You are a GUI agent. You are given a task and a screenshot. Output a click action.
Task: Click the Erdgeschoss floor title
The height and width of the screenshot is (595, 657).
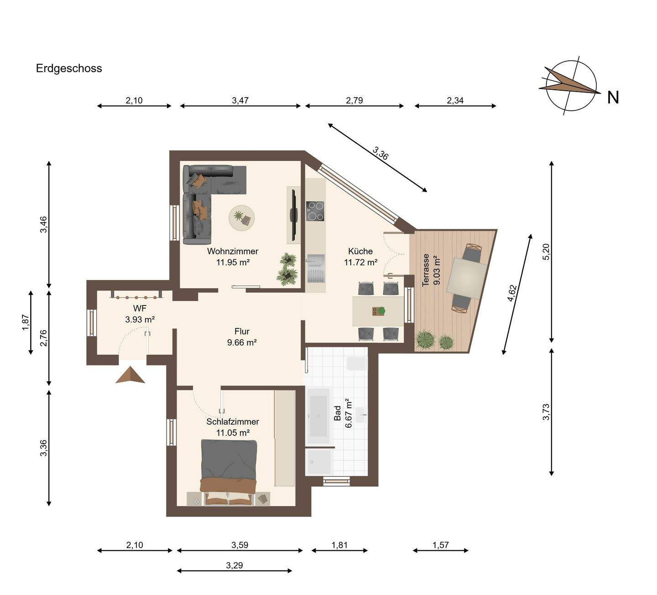click(x=69, y=68)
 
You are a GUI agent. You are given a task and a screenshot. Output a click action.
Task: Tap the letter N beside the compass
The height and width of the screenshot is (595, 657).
click(x=613, y=98)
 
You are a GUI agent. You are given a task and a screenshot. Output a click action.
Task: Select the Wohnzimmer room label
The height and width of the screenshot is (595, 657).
click(x=233, y=251)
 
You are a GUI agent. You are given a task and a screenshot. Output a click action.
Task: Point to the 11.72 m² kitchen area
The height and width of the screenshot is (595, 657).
click(x=360, y=263)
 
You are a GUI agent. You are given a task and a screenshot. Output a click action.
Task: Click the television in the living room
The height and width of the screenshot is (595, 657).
click(x=294, y=215)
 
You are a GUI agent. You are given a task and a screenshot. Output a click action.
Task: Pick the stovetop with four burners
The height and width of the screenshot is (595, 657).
click(x=315, y=211)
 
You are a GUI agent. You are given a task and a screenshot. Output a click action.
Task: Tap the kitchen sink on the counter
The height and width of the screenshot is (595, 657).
click(x=316, y=269)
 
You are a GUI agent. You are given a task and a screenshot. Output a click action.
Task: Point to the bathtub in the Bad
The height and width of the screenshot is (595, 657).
click(x=318, y=416)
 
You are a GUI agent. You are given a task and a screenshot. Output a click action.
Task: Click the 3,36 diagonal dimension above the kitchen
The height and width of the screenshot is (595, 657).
click(x=380, y=153)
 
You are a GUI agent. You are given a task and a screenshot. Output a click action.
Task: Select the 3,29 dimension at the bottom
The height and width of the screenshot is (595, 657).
click(x=234, y=565)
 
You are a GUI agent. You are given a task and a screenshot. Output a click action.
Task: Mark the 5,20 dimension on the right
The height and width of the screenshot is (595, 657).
click(x=546, y=252)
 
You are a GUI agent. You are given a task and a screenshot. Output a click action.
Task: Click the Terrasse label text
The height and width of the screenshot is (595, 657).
click(x=425, y=270)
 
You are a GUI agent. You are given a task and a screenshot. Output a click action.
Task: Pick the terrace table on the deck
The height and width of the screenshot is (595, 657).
click(x=467, y=278)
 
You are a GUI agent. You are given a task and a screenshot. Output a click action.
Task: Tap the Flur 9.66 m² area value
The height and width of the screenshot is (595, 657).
click(x=242, y=343)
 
